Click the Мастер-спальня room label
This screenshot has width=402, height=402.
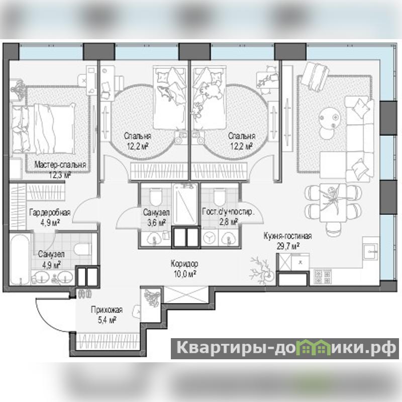pos(60,165)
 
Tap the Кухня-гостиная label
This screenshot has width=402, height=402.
pos(287,236)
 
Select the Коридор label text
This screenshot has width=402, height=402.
pos(184,263)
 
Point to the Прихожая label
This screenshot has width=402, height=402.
pos(107,310)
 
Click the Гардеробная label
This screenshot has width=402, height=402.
pos(50,213)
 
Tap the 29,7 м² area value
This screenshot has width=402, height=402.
pos(288,246)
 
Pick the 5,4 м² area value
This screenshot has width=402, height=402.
pos(108,320)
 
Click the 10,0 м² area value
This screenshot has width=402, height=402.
pos(185,274)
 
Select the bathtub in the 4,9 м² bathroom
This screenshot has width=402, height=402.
pos(20,259)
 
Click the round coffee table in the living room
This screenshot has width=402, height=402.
pos(330,118)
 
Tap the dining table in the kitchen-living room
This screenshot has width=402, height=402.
pos(333,203)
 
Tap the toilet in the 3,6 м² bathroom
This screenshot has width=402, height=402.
pos(156,196)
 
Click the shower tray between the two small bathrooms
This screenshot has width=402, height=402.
pos(185,205)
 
